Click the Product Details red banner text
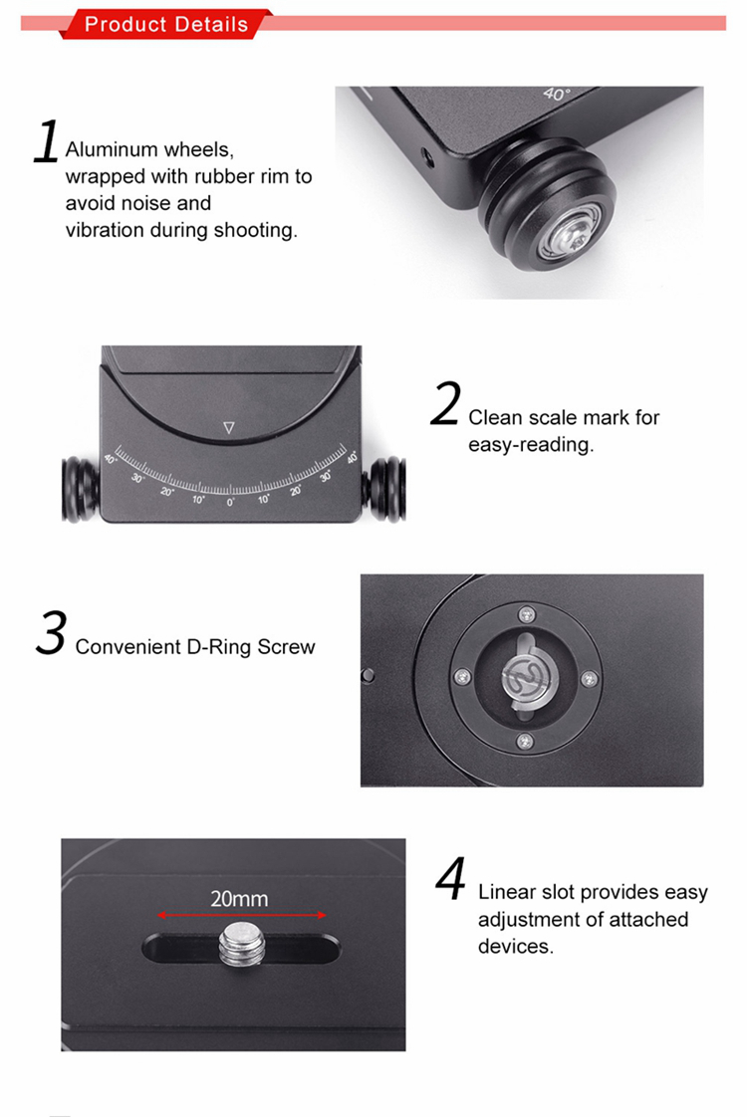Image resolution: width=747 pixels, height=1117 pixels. tap(166, 24)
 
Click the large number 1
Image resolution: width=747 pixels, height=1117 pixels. tap(47, 141)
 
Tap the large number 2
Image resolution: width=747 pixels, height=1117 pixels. tap(445, 403)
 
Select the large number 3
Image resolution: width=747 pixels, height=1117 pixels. tap(52, 632)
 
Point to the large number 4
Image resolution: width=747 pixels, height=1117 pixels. tap(450, 878)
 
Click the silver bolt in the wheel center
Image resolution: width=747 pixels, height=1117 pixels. tap(573, 235)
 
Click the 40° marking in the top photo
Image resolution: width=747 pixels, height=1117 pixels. tap(556, 94)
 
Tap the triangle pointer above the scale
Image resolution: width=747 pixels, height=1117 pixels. tap(229, 427)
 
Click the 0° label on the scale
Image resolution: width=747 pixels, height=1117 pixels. tap(230, 502)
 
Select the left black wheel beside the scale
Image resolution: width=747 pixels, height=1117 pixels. tap(80, 490)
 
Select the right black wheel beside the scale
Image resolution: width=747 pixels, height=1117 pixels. tap(384, 489)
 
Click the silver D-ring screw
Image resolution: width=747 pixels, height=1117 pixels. tap(528, 675)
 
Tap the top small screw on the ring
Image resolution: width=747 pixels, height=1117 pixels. tap(527, 614)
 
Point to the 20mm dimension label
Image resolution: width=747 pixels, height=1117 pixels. tap(239, 899)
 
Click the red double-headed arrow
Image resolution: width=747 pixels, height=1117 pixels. tap(242, 915)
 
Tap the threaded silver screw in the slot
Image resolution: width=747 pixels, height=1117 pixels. tap(242, 946)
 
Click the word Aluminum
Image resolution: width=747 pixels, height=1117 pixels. tap(112, 149)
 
